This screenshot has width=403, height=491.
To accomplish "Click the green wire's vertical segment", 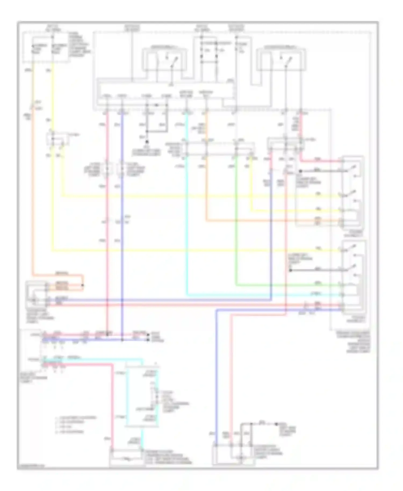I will point(236,220).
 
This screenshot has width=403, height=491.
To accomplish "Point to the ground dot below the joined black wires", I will point(147,142).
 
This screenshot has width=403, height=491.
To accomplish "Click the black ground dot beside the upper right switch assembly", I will point(300,171).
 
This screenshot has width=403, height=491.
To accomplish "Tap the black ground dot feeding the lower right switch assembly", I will point(291,270).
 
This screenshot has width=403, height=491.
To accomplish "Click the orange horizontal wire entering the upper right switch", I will point(269,221).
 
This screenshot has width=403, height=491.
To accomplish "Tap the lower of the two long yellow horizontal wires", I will point(188,251).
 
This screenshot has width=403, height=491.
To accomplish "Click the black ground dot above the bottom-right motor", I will point(276,424).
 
